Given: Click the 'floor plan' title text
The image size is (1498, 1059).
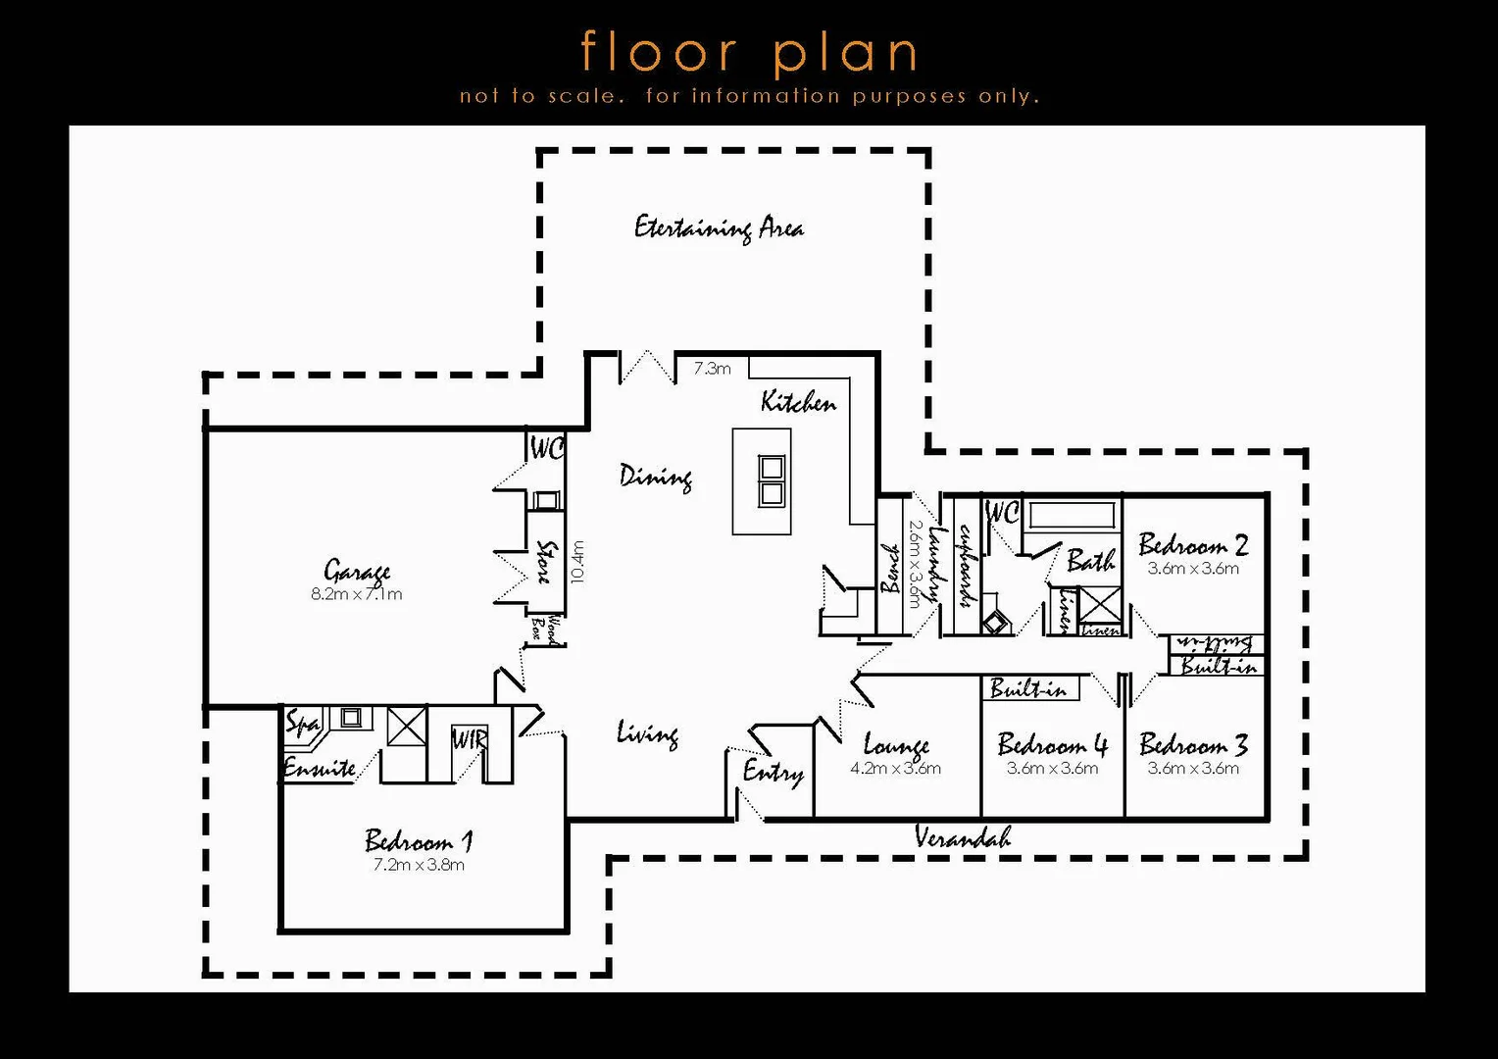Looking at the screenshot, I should tap(750, 53).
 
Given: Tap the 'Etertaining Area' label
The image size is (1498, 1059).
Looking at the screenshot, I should tap(719, 227).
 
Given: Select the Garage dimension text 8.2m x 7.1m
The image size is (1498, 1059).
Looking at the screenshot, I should tap(356, 594).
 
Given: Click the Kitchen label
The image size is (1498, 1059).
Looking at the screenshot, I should tap(798, 402).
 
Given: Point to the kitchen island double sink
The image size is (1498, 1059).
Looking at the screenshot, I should tap(772, 480).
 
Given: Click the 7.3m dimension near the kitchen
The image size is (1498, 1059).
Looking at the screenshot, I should tap(712, 369).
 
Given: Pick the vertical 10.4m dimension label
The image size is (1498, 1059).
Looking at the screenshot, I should tap(577, 562).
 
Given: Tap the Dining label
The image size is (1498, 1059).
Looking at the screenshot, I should tap(656, 477).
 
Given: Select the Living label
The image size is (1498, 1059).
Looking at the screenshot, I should tap(647, 733).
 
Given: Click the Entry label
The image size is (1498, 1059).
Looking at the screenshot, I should tap(773, 772).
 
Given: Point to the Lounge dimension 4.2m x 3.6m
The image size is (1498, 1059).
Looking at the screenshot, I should tap(895, 769).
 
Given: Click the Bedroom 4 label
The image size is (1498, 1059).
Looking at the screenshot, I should tap(1052, 745).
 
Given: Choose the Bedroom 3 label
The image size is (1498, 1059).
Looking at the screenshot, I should tap(1193, 745).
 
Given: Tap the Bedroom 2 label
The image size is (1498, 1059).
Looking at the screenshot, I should tap(1193, 545).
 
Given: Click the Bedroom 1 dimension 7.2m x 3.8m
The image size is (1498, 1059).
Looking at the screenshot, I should tap(419, 865).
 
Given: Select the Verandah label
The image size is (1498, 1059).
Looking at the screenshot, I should tap(962, 837).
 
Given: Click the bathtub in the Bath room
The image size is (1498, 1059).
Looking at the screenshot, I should tap(1071, 515).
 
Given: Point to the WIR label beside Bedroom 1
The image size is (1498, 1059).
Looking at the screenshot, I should tap(469, 739).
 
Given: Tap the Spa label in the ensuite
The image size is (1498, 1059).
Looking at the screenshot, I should tap(302, 724).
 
